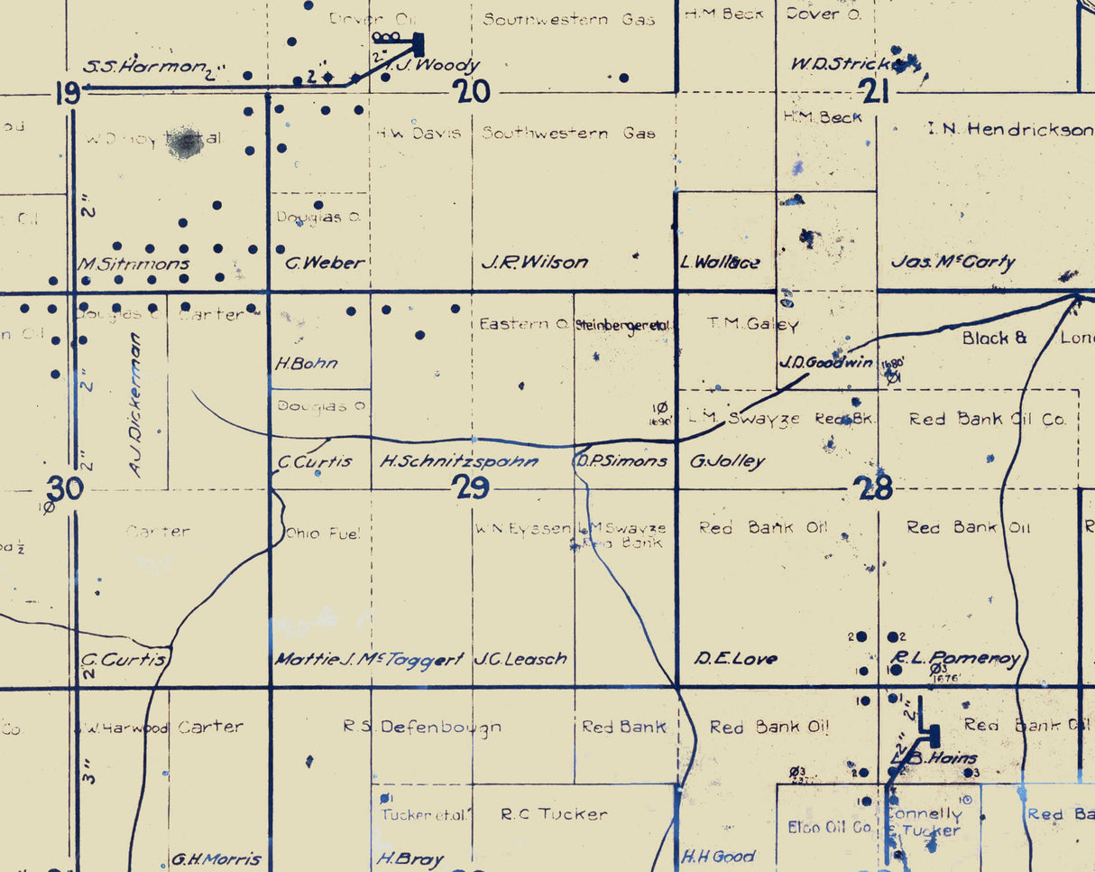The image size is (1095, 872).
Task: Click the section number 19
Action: pos(68,93)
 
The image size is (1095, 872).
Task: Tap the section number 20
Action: pos(472,91)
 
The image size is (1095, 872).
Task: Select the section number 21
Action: pos(875,91)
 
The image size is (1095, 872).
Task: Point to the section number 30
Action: pos(65,489)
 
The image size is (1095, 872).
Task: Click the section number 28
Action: pos(873,489)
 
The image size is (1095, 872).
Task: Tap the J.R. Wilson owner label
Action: pos(534,263)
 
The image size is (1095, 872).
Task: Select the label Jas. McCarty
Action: pos(952,262)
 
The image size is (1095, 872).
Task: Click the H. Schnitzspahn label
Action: pos(458,461)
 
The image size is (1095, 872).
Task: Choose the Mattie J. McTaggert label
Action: pos(369,659)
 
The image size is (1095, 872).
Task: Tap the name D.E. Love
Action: pos(735,659)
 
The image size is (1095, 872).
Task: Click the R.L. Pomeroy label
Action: pos(956,658)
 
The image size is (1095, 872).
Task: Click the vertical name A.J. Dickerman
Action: pos(136,405)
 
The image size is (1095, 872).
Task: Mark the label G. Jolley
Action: pos(727,461)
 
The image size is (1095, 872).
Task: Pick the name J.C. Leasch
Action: pos(520,659)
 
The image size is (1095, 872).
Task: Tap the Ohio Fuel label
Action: pos(322,533)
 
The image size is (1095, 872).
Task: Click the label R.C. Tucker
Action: pos(554,814)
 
